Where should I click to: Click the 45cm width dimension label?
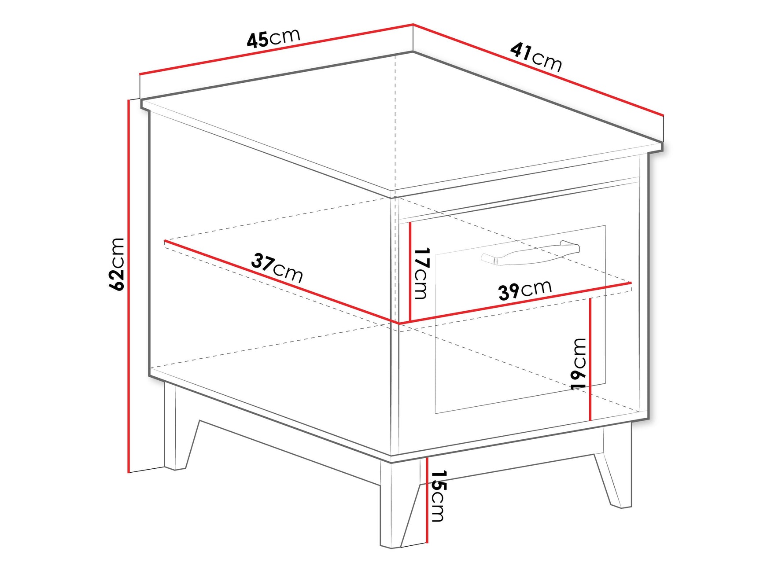[273, 38]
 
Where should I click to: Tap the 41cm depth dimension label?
[536, 57]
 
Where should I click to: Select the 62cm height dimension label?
[117, 264]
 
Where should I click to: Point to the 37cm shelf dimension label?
[277, 268]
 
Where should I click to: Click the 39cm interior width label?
[525, 290]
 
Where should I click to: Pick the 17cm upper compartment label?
[421, 273]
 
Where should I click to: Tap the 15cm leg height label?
[438, 496]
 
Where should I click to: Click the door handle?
[531, 254]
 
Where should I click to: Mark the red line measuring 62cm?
[129, 286]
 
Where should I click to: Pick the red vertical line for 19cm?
[590, 359]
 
